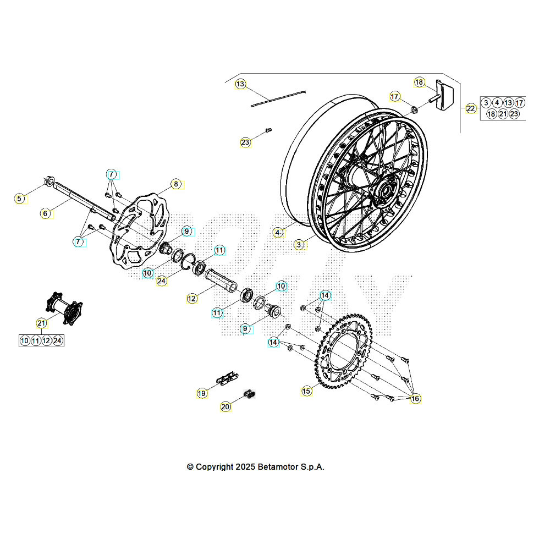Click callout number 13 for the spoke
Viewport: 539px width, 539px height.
pos(240,84)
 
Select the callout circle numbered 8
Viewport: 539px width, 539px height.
pos(175,184)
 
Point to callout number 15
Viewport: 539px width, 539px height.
pos(306,391)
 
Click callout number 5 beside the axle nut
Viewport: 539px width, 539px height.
pos(20,199)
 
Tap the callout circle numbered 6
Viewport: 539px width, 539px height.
pos(46,213)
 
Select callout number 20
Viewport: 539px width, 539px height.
pos(226,407)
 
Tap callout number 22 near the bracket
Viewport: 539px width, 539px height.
pos(471,108)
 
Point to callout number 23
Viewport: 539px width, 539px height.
pos(245,142)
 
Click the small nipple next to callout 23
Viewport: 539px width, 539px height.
pos(269,130)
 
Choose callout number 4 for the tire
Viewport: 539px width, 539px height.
pos(278,233)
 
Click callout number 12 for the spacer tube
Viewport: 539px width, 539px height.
pos(191,299)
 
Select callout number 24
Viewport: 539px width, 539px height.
pos(161,280)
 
